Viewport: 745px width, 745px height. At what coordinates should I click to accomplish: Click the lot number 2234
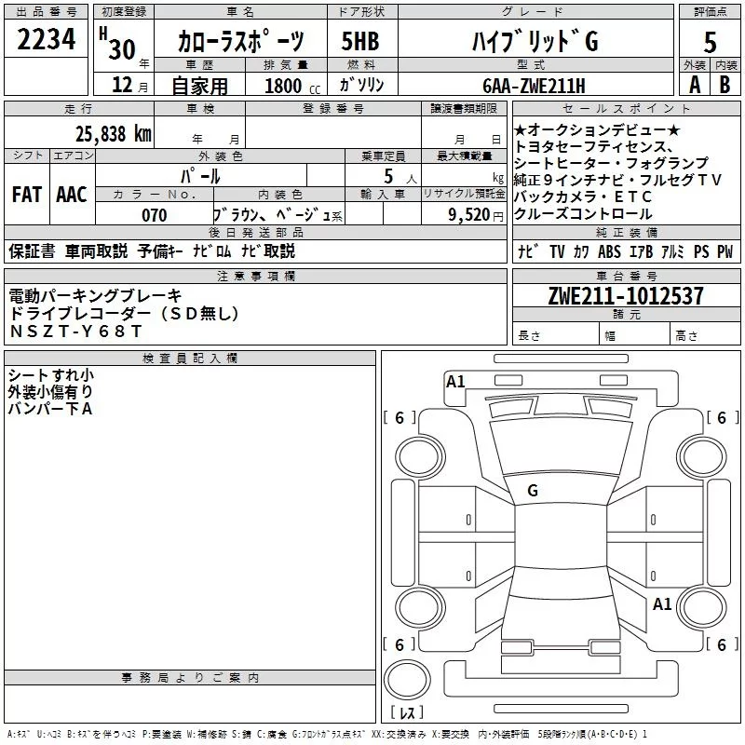47,40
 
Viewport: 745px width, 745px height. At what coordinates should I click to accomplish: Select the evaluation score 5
710,43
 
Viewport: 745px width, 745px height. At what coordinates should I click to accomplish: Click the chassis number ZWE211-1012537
625,296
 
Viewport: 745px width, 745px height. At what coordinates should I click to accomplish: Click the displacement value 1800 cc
285,86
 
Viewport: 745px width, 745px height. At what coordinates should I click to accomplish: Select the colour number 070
155,215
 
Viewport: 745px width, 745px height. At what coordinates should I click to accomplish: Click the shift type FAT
27,195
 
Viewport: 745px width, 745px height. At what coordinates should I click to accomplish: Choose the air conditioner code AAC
72,195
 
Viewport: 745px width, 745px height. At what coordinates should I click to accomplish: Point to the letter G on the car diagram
533,491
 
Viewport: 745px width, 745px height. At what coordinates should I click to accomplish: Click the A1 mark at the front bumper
455,381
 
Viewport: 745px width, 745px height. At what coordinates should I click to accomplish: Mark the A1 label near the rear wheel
662,604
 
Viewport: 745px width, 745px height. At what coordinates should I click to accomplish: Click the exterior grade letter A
693,85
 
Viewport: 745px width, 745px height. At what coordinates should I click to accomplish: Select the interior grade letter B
725,85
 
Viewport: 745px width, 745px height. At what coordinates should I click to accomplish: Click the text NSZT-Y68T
76,332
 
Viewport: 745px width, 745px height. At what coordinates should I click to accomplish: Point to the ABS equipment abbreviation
610,251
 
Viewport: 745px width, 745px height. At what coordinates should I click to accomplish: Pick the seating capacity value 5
386,175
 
